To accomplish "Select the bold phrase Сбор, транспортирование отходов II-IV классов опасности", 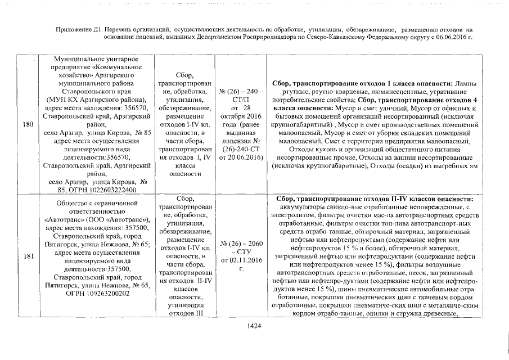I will [x=375, y=199].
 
